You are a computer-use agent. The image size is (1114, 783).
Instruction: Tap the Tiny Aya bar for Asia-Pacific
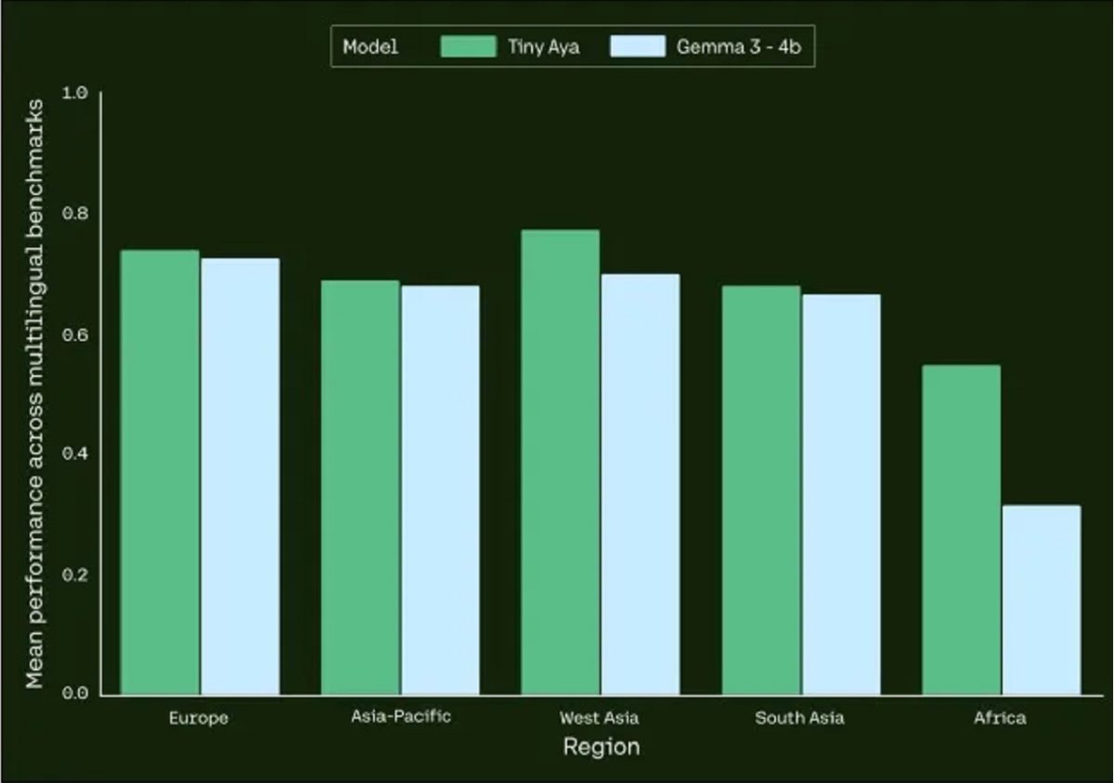tap(360, 488)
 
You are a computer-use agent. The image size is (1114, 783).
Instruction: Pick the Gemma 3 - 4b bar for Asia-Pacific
tap(440, 489)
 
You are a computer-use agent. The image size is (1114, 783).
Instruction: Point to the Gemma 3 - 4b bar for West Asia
tap(640, 484)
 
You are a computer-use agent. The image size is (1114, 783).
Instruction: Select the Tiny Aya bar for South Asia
tap(760, 489)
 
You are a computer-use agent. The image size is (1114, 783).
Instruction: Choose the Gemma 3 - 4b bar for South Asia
tap(841, 494)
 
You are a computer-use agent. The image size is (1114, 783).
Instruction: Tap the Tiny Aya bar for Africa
tap(961, 529)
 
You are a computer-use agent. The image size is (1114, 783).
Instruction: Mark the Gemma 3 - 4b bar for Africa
tap(1042, 600)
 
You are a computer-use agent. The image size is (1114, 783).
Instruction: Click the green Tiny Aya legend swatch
tap(468, 46)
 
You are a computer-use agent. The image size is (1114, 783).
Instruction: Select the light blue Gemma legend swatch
tap(638, 46)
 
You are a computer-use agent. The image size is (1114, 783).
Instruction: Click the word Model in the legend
tap(369, 46)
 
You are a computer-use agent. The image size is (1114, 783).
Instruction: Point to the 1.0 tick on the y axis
tap(74, 93)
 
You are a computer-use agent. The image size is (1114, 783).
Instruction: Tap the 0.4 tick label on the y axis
tap(74, 454)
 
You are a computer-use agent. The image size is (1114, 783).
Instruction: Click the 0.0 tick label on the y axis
tap(74, 694)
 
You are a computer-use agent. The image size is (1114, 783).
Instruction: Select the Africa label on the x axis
tap(1000, 718)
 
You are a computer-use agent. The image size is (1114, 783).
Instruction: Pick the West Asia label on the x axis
tap(599, 718)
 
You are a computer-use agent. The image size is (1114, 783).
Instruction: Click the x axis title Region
tap(601, 747)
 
